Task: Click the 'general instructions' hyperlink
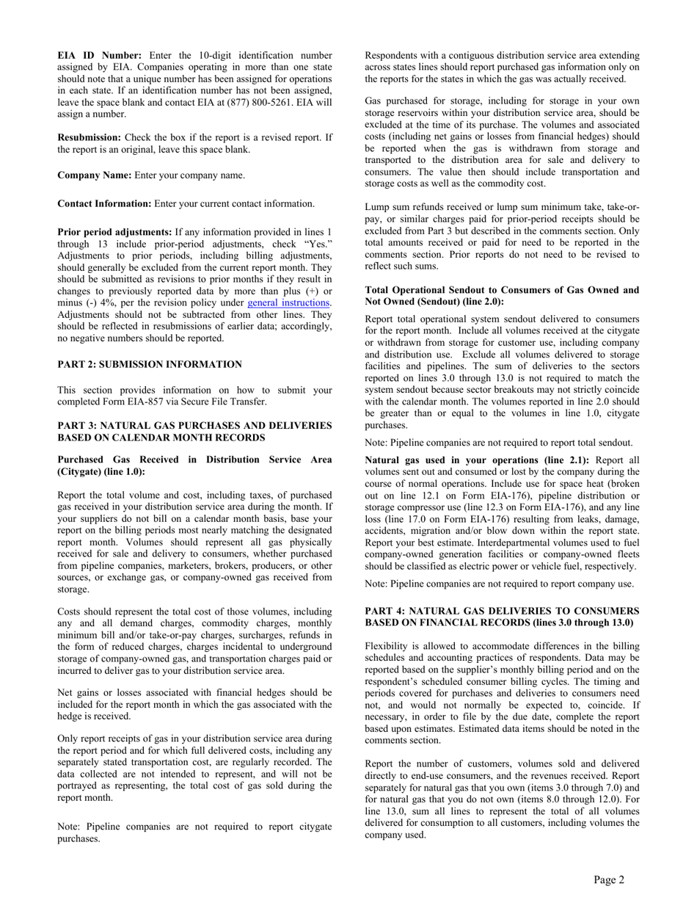[x=289, y=302]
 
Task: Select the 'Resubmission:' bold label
[x=90, y=137]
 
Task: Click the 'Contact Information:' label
[x=104, y=203]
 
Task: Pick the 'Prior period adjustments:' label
[x=114, y=231]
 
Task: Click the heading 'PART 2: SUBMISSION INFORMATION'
[x=150, y=364]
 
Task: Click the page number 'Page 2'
[x=609, y=880]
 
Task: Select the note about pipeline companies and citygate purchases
[x=194, y=833]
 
